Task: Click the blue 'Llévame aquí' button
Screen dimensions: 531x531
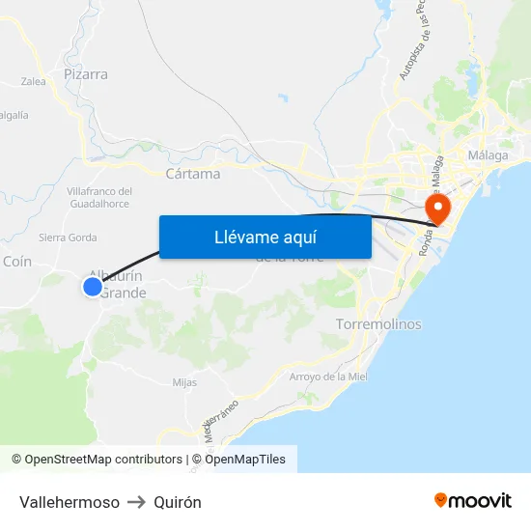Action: [x=265, y=237]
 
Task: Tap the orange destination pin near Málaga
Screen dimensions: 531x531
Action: [x=437, y=208]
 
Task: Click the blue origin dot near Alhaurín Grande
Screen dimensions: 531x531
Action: [x=93, y=286]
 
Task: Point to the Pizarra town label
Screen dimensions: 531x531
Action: [x=85, y=73]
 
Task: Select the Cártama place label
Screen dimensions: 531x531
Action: [x=193, y=174]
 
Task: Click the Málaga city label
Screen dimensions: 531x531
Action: [x=487, y=155]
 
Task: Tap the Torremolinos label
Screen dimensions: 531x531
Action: [x=378, y=324]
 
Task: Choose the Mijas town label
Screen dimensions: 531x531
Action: [x=184, y=382]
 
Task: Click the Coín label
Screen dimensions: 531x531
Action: [x=17, y=262]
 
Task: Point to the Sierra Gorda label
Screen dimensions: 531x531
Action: [x=68, y=238]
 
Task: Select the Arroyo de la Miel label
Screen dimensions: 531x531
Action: [x=328, y=377]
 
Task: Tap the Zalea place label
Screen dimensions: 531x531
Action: [x=33, y=82]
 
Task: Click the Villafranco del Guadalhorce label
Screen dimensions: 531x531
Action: [x=99, y=197]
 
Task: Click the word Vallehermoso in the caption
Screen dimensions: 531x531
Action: [x=70, y=502]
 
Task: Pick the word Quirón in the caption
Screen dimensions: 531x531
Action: [x=178, y=502]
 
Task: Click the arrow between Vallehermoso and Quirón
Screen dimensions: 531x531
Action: [x=136, y=502]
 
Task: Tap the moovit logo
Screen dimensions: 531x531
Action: [x=472, y=500]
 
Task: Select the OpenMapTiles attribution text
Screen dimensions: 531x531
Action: [x=244, y=460]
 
